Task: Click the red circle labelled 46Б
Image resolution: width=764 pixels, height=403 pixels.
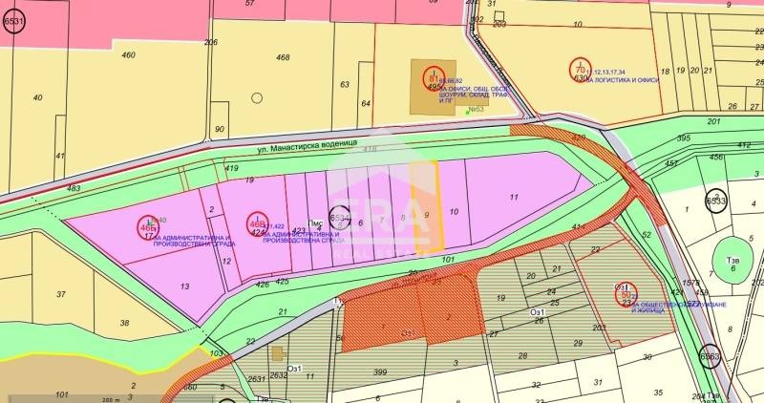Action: [148, 226]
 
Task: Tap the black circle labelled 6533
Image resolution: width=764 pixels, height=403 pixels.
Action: [716, 201]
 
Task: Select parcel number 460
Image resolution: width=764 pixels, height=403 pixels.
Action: [129, 55]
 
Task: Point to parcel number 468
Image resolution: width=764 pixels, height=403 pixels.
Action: [283, 58]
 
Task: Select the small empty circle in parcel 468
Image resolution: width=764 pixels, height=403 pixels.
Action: [257, 97]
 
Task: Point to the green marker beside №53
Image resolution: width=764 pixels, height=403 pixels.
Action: [467, 113]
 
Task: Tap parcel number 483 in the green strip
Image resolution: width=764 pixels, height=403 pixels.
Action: [74, 189]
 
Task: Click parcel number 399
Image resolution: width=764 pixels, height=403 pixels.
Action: [380, 371]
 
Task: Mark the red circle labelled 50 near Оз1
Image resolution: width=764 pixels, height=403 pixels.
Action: [625, 294]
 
